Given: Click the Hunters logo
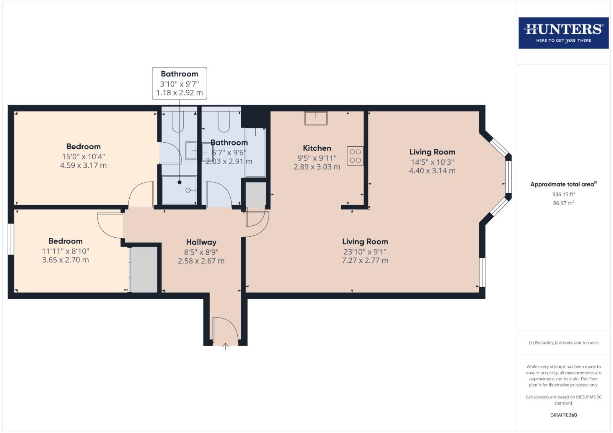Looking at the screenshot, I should pos(563,33).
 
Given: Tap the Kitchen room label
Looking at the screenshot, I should pos(317,148).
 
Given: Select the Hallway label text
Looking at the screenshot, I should pos(201,242).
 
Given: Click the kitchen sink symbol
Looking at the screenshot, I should pos(316,118).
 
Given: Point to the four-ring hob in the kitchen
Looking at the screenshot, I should pos(355,156).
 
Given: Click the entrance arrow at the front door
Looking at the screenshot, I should pos(225,346).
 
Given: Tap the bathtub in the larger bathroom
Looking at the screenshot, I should pos(255,152).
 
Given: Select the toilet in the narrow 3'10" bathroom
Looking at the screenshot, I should pos(178,121).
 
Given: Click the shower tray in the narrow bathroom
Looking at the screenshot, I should pos(179,190).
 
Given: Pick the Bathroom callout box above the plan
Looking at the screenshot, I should pos(179,83).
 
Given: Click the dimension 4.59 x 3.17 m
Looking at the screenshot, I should pos(83,165).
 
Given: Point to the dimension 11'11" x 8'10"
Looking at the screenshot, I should pos(65,251).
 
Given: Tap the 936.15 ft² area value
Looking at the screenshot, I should pos(563,194).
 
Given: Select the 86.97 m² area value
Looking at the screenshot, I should pos(563,203).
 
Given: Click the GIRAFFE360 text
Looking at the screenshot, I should pos(563,415).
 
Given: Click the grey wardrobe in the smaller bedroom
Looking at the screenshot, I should pos(144,269).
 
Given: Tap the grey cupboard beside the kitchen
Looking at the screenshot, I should pos(256,194).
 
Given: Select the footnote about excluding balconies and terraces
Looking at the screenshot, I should pos(563,343).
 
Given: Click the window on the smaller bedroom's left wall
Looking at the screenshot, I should pos(11,239).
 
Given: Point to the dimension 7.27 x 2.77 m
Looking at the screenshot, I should pos(365,260).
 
